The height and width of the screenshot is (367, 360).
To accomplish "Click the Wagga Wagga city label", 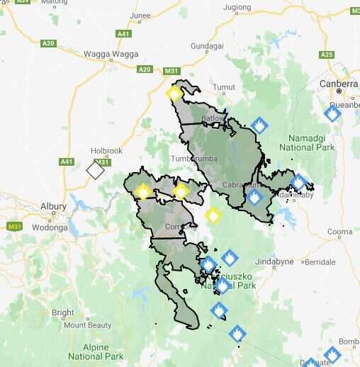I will (x=108, y=54).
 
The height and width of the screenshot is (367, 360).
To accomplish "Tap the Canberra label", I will (x=339, y=83).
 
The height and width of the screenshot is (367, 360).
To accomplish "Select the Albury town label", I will (x=53, y=206).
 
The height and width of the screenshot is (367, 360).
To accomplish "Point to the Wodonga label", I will (x=48, y=227).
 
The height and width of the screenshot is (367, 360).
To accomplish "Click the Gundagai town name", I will (x=207, y=46).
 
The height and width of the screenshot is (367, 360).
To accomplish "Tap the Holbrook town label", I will (x=106, y=151).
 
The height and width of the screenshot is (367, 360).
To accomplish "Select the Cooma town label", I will (x=339, y=232).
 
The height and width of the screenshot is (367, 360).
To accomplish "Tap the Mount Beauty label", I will (x=88, y=325).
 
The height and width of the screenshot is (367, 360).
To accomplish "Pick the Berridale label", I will (x=320, y=262).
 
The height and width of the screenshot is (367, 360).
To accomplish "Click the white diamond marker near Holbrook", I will (x=95, y=171).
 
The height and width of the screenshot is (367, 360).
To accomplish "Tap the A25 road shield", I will (x=327, y=55).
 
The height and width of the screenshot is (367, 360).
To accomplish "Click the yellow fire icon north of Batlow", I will (x=175, y=93).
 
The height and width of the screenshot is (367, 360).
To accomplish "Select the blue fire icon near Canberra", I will (x=332, y=112).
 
